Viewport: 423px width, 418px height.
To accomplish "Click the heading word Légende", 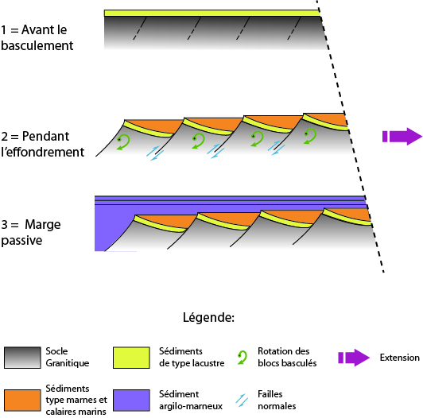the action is coord(208,317).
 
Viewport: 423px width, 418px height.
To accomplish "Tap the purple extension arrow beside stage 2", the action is coord(402,136).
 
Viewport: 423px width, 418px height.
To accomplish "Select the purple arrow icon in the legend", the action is coord(354,358).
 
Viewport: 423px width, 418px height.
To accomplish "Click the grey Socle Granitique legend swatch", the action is coord(22,358).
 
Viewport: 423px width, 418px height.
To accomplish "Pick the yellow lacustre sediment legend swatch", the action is coord(131,358).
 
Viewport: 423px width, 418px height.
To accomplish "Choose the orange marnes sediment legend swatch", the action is coord(22,401).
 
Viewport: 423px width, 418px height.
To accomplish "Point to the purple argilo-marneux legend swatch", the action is coord(131,401).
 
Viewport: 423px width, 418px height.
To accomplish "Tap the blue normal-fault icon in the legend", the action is coord(242,401).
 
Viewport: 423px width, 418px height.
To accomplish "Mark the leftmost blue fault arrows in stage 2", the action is coord(155,153).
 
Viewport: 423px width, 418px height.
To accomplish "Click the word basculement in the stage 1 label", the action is coord(37,46).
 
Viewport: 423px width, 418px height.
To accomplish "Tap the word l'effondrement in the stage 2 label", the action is coord(43,153).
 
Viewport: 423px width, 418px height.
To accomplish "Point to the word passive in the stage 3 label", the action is coord(21,241).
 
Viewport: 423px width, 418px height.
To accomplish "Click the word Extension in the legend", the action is coord(399,358).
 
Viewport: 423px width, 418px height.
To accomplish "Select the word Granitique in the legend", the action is coord(67,363).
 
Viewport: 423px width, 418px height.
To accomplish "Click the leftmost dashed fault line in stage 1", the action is coord(139,29).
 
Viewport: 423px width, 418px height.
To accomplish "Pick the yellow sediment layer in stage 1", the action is coord(212,13).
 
